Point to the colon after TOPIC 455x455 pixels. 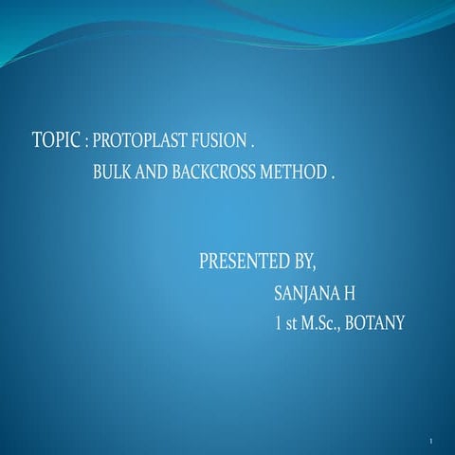pyautogui.click(x=85, y=146)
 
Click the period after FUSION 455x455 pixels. pyautogui.click(x=251, y=148)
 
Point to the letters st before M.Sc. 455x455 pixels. pyautogui.click(x=290, y=323)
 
